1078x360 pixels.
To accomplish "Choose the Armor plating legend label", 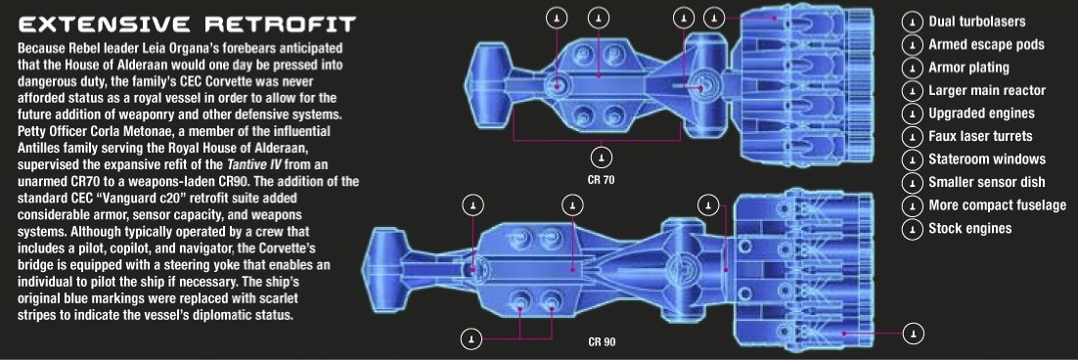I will click(968, 67).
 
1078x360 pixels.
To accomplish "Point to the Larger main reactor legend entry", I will click(986, 91).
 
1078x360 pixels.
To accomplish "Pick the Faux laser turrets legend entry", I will click(980, 137).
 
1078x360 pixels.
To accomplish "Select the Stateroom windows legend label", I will click(986, 159).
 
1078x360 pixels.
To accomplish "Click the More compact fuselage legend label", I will click(997, 205).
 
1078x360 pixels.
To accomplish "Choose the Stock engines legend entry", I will click(969, 229).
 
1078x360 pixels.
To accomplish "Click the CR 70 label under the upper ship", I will click(602, 181).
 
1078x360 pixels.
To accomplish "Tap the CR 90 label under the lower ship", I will click(602, 342).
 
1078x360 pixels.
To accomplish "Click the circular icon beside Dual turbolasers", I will click(913, 22).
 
